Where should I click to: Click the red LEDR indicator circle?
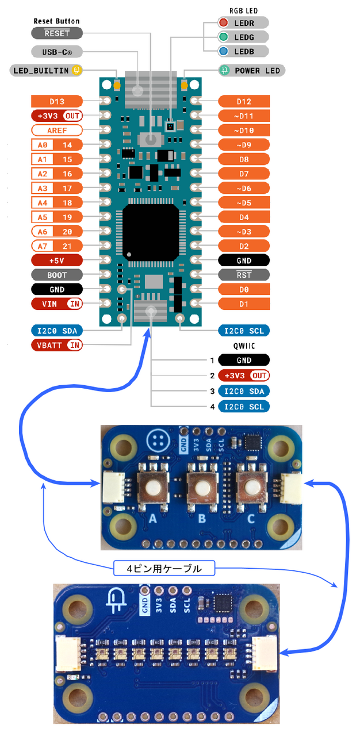[x=223, y=22]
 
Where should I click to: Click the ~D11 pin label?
[x=244, y=116]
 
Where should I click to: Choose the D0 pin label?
[x=244, y=289]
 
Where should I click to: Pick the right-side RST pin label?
[x=244, y=275]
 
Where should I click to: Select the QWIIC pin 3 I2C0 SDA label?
[x=244, y=391]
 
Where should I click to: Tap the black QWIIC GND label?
[x=244, y=361]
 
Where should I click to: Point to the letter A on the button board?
[x=152, y=519]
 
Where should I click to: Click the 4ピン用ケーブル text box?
[x=164, y=569]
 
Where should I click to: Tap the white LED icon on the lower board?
[x=117, y=600]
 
